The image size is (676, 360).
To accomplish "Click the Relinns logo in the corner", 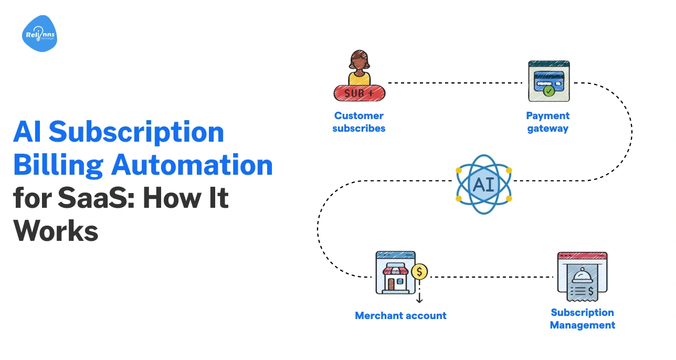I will pos(39,34).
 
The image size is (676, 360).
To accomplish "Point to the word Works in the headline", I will pos(56,231).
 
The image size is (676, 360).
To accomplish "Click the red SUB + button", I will pos(360,93).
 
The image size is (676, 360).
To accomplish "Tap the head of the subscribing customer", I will pos(359,61).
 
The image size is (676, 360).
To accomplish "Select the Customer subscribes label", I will pos(359,122).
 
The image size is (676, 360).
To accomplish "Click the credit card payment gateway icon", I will pos(548,81).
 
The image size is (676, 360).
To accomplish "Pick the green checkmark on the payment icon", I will pos(548,91).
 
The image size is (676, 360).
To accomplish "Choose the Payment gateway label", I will pos(547,122).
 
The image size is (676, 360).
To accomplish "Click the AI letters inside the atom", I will pos(483,184).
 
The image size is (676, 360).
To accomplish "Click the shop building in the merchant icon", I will pos(395,278).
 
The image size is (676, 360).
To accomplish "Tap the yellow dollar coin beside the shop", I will pos(419,272).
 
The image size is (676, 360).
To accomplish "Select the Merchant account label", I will pos(400,315).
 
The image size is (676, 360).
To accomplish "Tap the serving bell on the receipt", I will pos(582,276).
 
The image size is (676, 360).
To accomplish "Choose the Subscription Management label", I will pos(582,319).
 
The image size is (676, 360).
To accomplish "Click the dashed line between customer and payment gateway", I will pos(457,83).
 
